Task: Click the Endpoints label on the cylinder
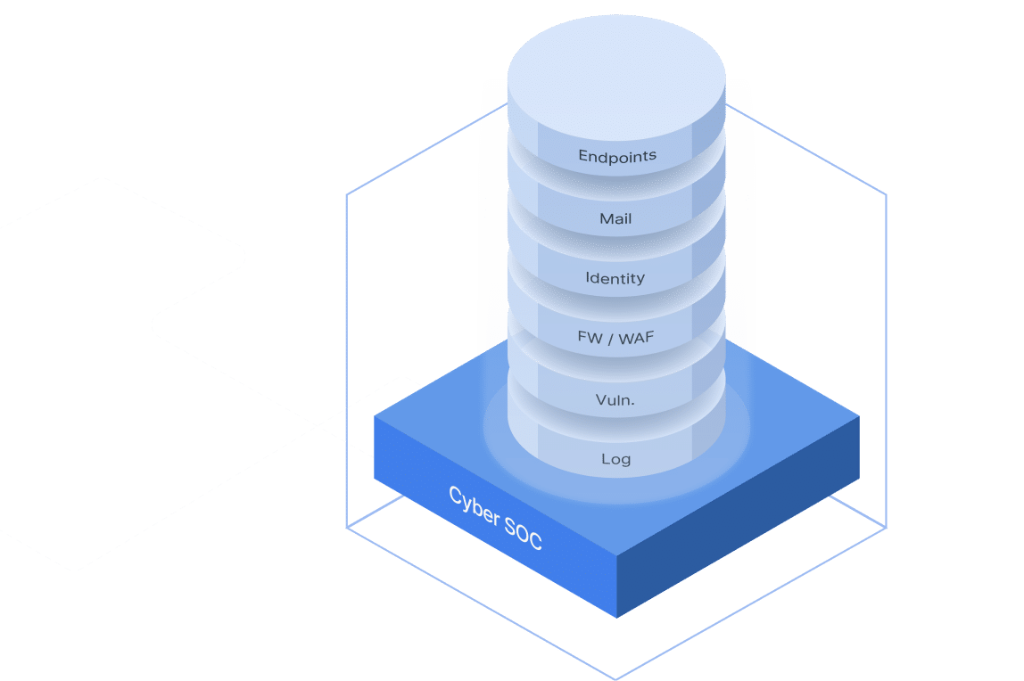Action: click(616, 156)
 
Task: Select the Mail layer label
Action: click(615, 218)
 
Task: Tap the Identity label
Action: click(615, 278)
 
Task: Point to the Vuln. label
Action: click(615, 400)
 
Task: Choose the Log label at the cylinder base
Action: click(615, 459)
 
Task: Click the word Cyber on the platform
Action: click(473, 506)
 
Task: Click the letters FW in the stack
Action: click(590, 339)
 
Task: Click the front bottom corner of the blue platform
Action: click(616, 618)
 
